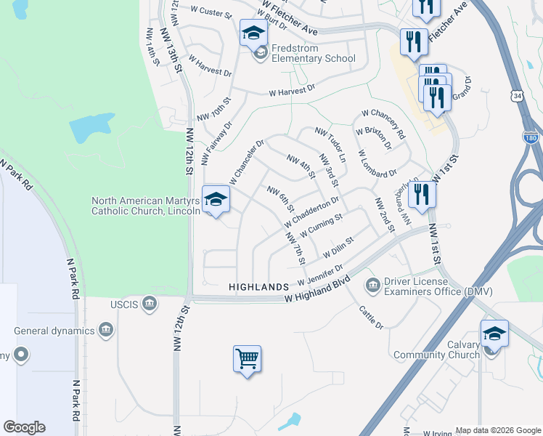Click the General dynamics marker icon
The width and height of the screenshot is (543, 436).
coord(106,331)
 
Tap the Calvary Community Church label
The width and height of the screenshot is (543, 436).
coord(436,350)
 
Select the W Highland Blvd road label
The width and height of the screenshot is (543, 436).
coord(318,290)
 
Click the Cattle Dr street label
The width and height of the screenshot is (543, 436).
coord(370,317)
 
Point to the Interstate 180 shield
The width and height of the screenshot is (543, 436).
coord(531,137)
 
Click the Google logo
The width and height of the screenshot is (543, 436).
coord(24,427)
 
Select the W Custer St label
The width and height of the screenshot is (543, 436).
coord(210,15)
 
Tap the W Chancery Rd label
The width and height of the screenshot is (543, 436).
coord(382,123)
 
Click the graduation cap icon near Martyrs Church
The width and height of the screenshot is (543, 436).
coord(216,199)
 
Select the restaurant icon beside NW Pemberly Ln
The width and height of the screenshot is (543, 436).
coord(421,194)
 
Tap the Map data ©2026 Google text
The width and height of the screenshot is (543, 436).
coord(498,430)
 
